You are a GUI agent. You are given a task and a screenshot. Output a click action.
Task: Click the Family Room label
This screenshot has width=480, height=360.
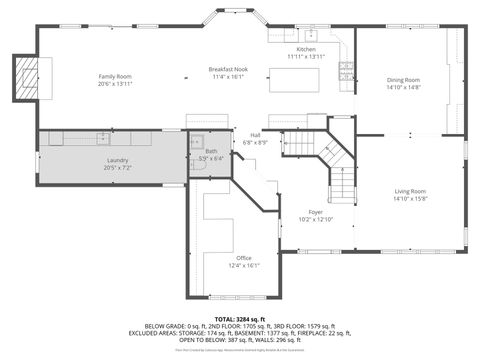coord(115,77)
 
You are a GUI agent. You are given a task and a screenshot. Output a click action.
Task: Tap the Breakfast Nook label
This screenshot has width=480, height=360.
coord(227,69)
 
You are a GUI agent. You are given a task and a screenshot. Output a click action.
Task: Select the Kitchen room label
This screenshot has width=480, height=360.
coord(306,49)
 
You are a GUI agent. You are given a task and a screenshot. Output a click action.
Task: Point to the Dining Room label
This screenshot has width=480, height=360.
coord(403,80)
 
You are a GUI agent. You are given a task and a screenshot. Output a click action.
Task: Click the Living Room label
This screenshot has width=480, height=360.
coord(410,191)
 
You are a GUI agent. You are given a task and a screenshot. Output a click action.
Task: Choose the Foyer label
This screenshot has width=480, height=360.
coord(315,212)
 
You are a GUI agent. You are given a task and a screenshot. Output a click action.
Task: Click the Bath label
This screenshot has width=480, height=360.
coord(211,151)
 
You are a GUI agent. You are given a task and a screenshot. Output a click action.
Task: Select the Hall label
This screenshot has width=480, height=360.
coord(255,135)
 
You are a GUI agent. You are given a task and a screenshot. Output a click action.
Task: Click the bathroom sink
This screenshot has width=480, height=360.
coord(197,141)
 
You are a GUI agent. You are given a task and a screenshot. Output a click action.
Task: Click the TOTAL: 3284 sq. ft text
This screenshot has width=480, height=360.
coord(239,317)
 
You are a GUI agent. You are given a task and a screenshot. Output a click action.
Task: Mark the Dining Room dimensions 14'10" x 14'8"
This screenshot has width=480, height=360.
coord(403,87)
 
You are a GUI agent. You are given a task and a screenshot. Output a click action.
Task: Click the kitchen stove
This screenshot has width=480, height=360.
coord(347,70)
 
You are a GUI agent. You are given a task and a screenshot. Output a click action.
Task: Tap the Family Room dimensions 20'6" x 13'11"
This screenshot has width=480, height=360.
coord(115,84)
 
